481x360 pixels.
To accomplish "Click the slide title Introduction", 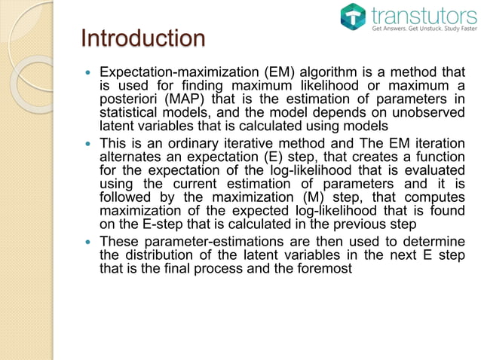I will tap(142, 38).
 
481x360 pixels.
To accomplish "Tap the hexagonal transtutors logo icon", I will tap(353, 17).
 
